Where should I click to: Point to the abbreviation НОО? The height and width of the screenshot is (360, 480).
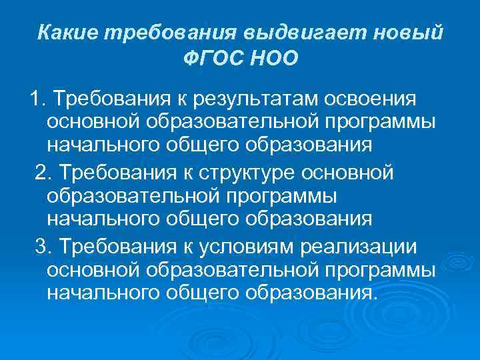point(273,58)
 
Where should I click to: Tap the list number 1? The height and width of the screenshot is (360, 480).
point(35,99)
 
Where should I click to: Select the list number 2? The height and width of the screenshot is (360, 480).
point(43,173)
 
